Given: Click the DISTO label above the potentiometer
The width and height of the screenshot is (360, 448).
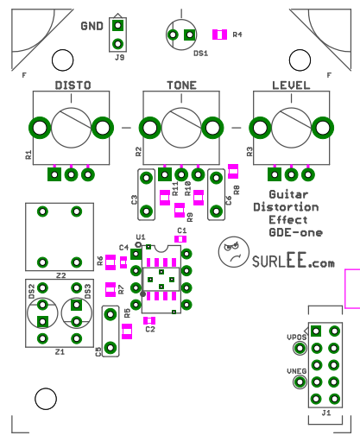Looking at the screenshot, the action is click(x=73, y=85).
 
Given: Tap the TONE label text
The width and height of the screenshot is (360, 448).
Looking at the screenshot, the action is click(x=181, y=85).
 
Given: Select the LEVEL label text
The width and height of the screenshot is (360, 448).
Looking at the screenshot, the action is click(x=291, y=85).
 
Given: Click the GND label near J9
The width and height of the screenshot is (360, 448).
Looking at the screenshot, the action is click(x=92, y=26).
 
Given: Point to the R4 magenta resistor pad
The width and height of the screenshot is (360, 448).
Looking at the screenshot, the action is click(x=219, y=35).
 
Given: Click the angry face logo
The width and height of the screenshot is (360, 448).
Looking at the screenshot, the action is click(x=234, y=252).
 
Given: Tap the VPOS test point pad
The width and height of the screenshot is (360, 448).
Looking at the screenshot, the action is click(x=300, y=348).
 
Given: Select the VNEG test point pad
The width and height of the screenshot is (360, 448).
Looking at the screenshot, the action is click(x=300, y=382).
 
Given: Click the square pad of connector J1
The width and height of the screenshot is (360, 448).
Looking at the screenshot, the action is click(x=316, y=331).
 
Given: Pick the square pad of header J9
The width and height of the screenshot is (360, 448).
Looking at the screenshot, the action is click(x=117, y=25).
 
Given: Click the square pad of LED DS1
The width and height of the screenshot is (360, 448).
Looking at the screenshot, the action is click(x=189, y=35).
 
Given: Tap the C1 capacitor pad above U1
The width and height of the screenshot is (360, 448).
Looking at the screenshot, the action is click(x=180, y=239).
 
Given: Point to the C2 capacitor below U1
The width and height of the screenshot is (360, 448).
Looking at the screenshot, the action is click(x=149, y=320).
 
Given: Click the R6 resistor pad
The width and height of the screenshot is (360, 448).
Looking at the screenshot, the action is click(x=111, y=262).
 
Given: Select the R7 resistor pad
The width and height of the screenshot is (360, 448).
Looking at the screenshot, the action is click(x=111, y=289).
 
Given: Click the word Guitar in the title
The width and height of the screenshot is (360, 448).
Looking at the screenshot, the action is click(x=288, y=194).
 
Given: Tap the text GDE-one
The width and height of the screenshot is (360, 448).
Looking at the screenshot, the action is click(x=295, y=232).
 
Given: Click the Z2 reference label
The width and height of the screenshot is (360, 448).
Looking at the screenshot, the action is click(x=60, y=275).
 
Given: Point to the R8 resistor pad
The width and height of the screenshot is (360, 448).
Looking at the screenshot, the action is click(x=233, y=171).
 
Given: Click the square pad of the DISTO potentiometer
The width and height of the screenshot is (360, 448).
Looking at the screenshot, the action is click(x=54, y=174).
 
